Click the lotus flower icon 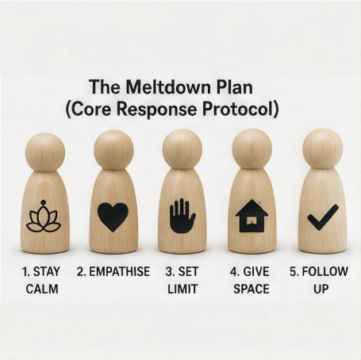[44, 217]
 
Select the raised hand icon [182, 216]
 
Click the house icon [252, 216]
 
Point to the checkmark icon [323, 217]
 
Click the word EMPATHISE [120, 272]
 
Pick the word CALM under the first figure [42, 289]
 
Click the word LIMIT [182, 289]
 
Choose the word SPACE [252, 289]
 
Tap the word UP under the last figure [321, 289]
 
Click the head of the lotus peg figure [45, 152]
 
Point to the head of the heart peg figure [113, 150]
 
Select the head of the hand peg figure [182, 149]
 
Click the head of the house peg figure [252, 149]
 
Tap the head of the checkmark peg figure [323, 149]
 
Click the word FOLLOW [325, 272]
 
